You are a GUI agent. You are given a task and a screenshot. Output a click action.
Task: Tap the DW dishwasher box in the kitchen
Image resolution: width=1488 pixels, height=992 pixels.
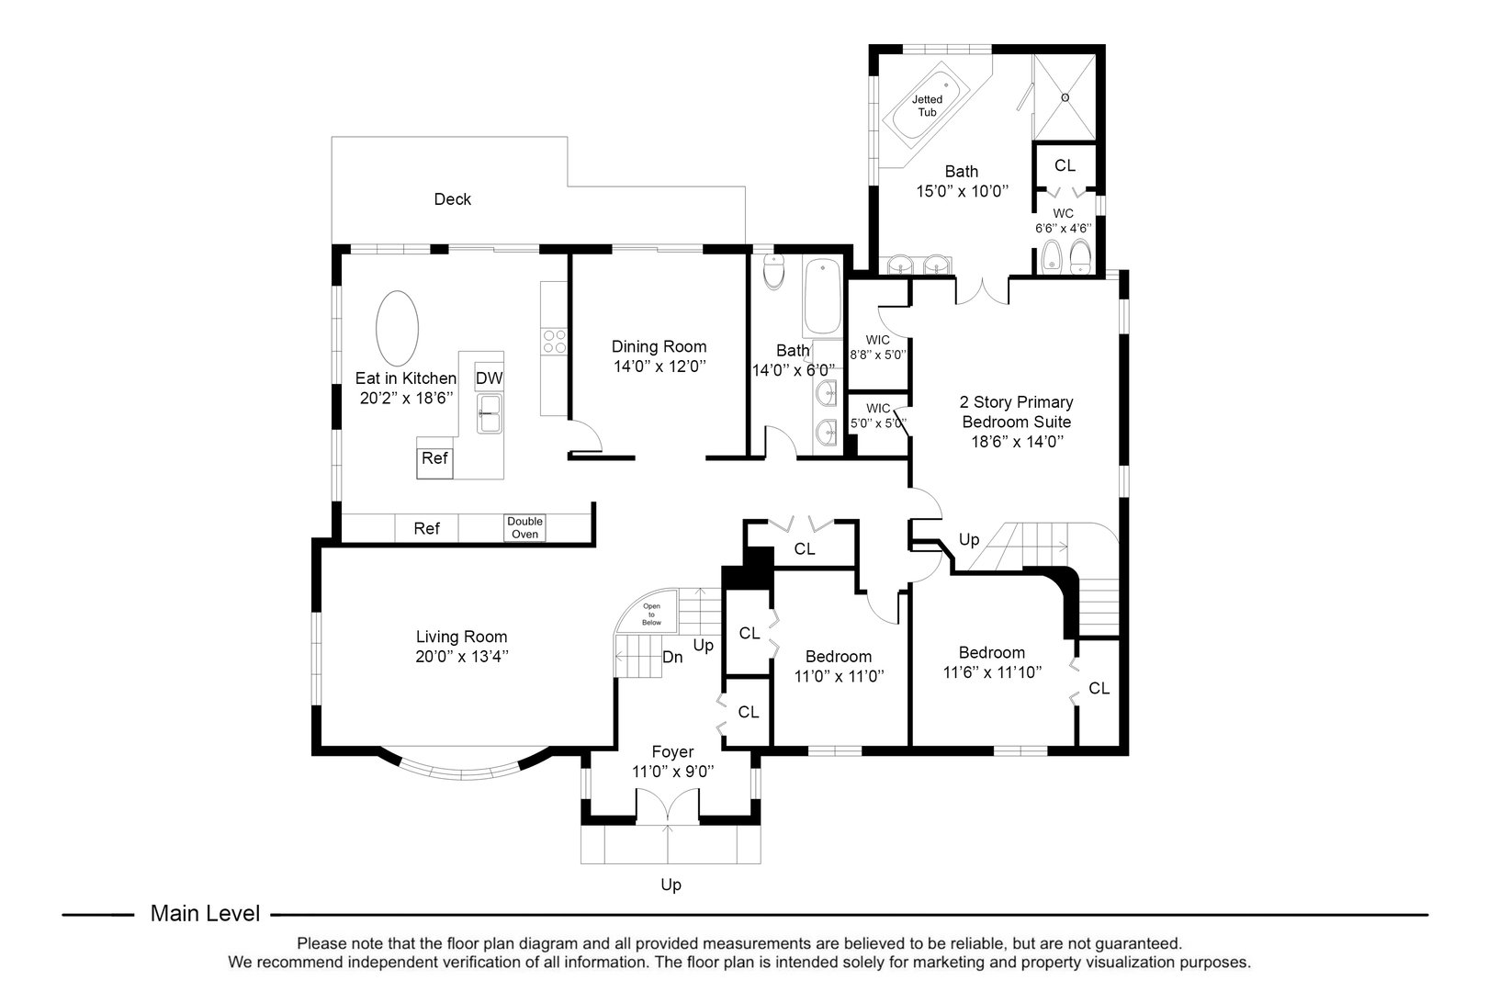pos(489,378)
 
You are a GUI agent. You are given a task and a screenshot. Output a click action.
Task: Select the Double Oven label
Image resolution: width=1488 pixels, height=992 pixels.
pos(525,528)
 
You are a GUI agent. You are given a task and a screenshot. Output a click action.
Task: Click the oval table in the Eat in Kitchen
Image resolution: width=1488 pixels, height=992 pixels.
pos(398,329)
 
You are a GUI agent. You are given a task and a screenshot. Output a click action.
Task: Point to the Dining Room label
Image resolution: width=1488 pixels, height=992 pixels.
pos(659,346)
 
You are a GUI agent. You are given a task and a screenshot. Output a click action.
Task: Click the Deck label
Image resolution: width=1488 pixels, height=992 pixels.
pos(452,199)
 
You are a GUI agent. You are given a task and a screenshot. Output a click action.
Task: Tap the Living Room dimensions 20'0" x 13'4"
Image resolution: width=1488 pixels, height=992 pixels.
pos(461,657)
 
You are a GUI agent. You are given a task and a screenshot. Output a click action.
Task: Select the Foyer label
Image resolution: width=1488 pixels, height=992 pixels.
pos(672,751)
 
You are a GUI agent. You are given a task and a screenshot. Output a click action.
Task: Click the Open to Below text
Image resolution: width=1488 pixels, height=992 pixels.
pos(651,614)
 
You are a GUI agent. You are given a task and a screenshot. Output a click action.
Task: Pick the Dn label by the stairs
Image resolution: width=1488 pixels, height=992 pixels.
pos(672,657)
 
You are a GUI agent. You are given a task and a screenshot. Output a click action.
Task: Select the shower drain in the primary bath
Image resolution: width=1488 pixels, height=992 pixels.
pos(1065,97)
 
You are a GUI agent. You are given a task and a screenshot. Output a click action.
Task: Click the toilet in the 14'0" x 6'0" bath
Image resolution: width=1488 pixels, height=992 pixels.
pos(774,271)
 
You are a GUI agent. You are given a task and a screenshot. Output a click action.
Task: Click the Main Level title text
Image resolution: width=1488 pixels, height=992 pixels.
pos(205,914)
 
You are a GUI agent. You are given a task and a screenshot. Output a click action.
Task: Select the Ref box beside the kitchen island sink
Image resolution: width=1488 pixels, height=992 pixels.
pos(434,457)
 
